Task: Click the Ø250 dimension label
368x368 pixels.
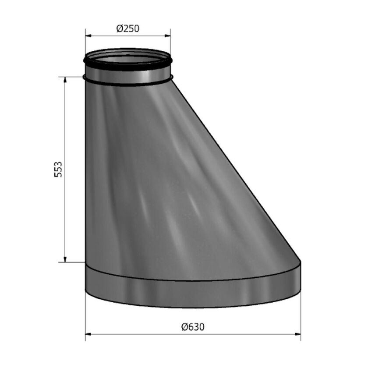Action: click(127, 29)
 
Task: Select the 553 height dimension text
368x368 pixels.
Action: click(58, 170)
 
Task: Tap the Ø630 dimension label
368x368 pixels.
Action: click(193, 327)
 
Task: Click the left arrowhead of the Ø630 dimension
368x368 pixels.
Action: click(88, 335)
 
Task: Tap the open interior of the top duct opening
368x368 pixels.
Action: click(127, 58)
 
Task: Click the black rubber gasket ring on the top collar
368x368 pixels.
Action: click(127, 68)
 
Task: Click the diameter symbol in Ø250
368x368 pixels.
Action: click(119, 29)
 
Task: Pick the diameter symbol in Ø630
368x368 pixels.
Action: click(184, 327)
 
